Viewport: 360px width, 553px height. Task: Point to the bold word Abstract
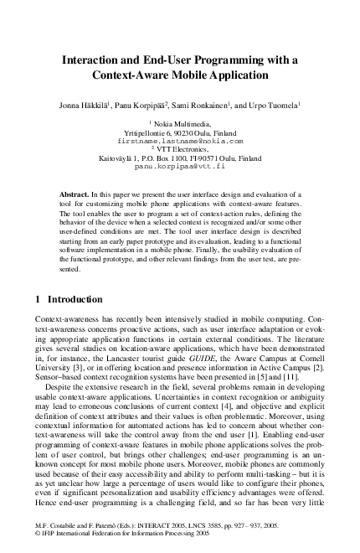click(x=76, y=194)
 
